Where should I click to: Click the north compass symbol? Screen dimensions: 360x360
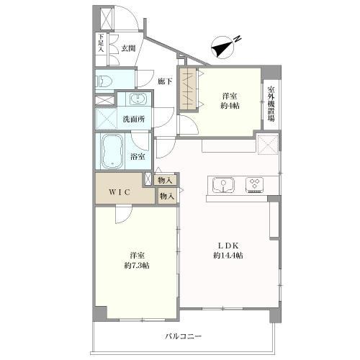click(x=223, y=47)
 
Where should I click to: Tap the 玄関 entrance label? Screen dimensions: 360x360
click(x=128, y=48)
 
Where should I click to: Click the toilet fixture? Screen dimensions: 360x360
click(x=104, y=81)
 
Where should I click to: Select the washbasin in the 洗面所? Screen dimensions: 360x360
click(x=138, y=99)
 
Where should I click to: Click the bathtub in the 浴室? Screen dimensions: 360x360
click(x=112, y=151)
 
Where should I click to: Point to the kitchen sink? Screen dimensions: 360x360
click(x=223, y=185)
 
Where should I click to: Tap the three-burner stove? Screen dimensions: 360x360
click(x=255, y=185)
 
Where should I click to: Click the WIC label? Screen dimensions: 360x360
click(x=120, y=192)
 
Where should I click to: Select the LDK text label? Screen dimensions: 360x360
click(x=228, y=246)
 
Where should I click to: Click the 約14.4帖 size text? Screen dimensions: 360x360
click(x=228, y=256)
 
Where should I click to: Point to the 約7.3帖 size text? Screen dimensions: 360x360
click(x=137, y=265)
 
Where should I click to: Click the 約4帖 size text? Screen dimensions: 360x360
click(x=230, y=105)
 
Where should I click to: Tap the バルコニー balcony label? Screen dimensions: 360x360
click(x=184, y=336)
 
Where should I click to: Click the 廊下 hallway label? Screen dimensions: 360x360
click(x=165, y=81)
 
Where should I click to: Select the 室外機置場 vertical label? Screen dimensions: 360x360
click(x=271, y=104)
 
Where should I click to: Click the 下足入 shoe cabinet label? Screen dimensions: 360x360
click(x=101, y=43)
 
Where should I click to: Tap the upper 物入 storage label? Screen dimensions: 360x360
click(x=165, y=180)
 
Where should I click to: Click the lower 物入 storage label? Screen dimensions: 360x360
click(x=167, y=196)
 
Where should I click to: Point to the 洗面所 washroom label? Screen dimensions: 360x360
click(x=134, y=119)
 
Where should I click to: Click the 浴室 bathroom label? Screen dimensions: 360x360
click(x=138, y=157)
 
